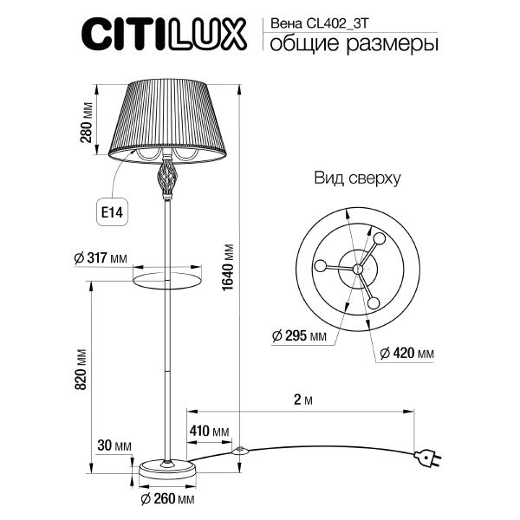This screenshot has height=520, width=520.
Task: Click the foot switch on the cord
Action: point(241,451)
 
